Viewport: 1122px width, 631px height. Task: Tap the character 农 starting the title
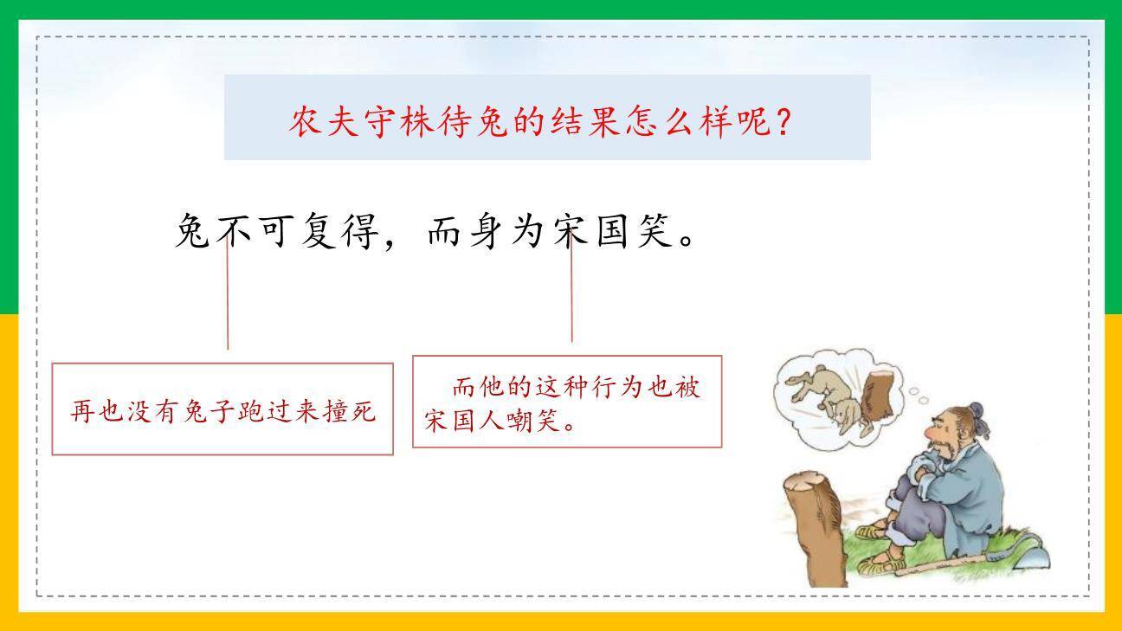(x=305, y=122)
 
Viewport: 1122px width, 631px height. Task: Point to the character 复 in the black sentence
(x=319, y=231)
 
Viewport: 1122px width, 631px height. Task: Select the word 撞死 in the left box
(x=350, y=411)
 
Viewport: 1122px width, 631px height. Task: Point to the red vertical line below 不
(x=228, y=294)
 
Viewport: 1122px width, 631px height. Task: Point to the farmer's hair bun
(x=976, y=411)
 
